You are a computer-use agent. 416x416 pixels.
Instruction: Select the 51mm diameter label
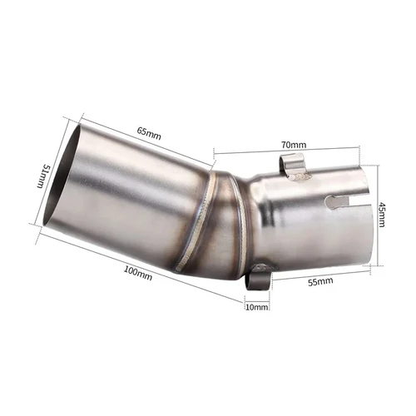(x=37, y=177)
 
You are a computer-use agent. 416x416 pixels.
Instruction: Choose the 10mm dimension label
(x=257, y=307)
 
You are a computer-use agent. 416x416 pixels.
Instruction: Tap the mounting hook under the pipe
(x=260, y=275)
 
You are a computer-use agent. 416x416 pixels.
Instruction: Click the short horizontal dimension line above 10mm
(x=257, y=296)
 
